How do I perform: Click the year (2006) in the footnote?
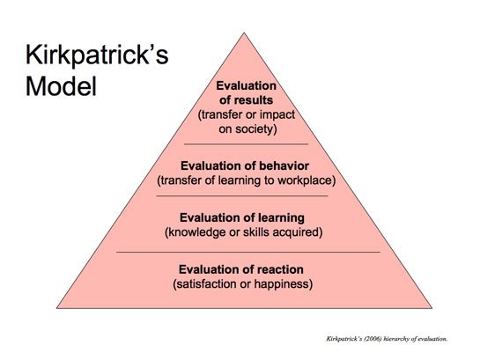(x=367, y=338)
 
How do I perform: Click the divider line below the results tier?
(x=247, y=143)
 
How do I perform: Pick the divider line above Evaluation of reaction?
(x=247, y=252)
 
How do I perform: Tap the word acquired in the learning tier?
(x=300, y=232)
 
